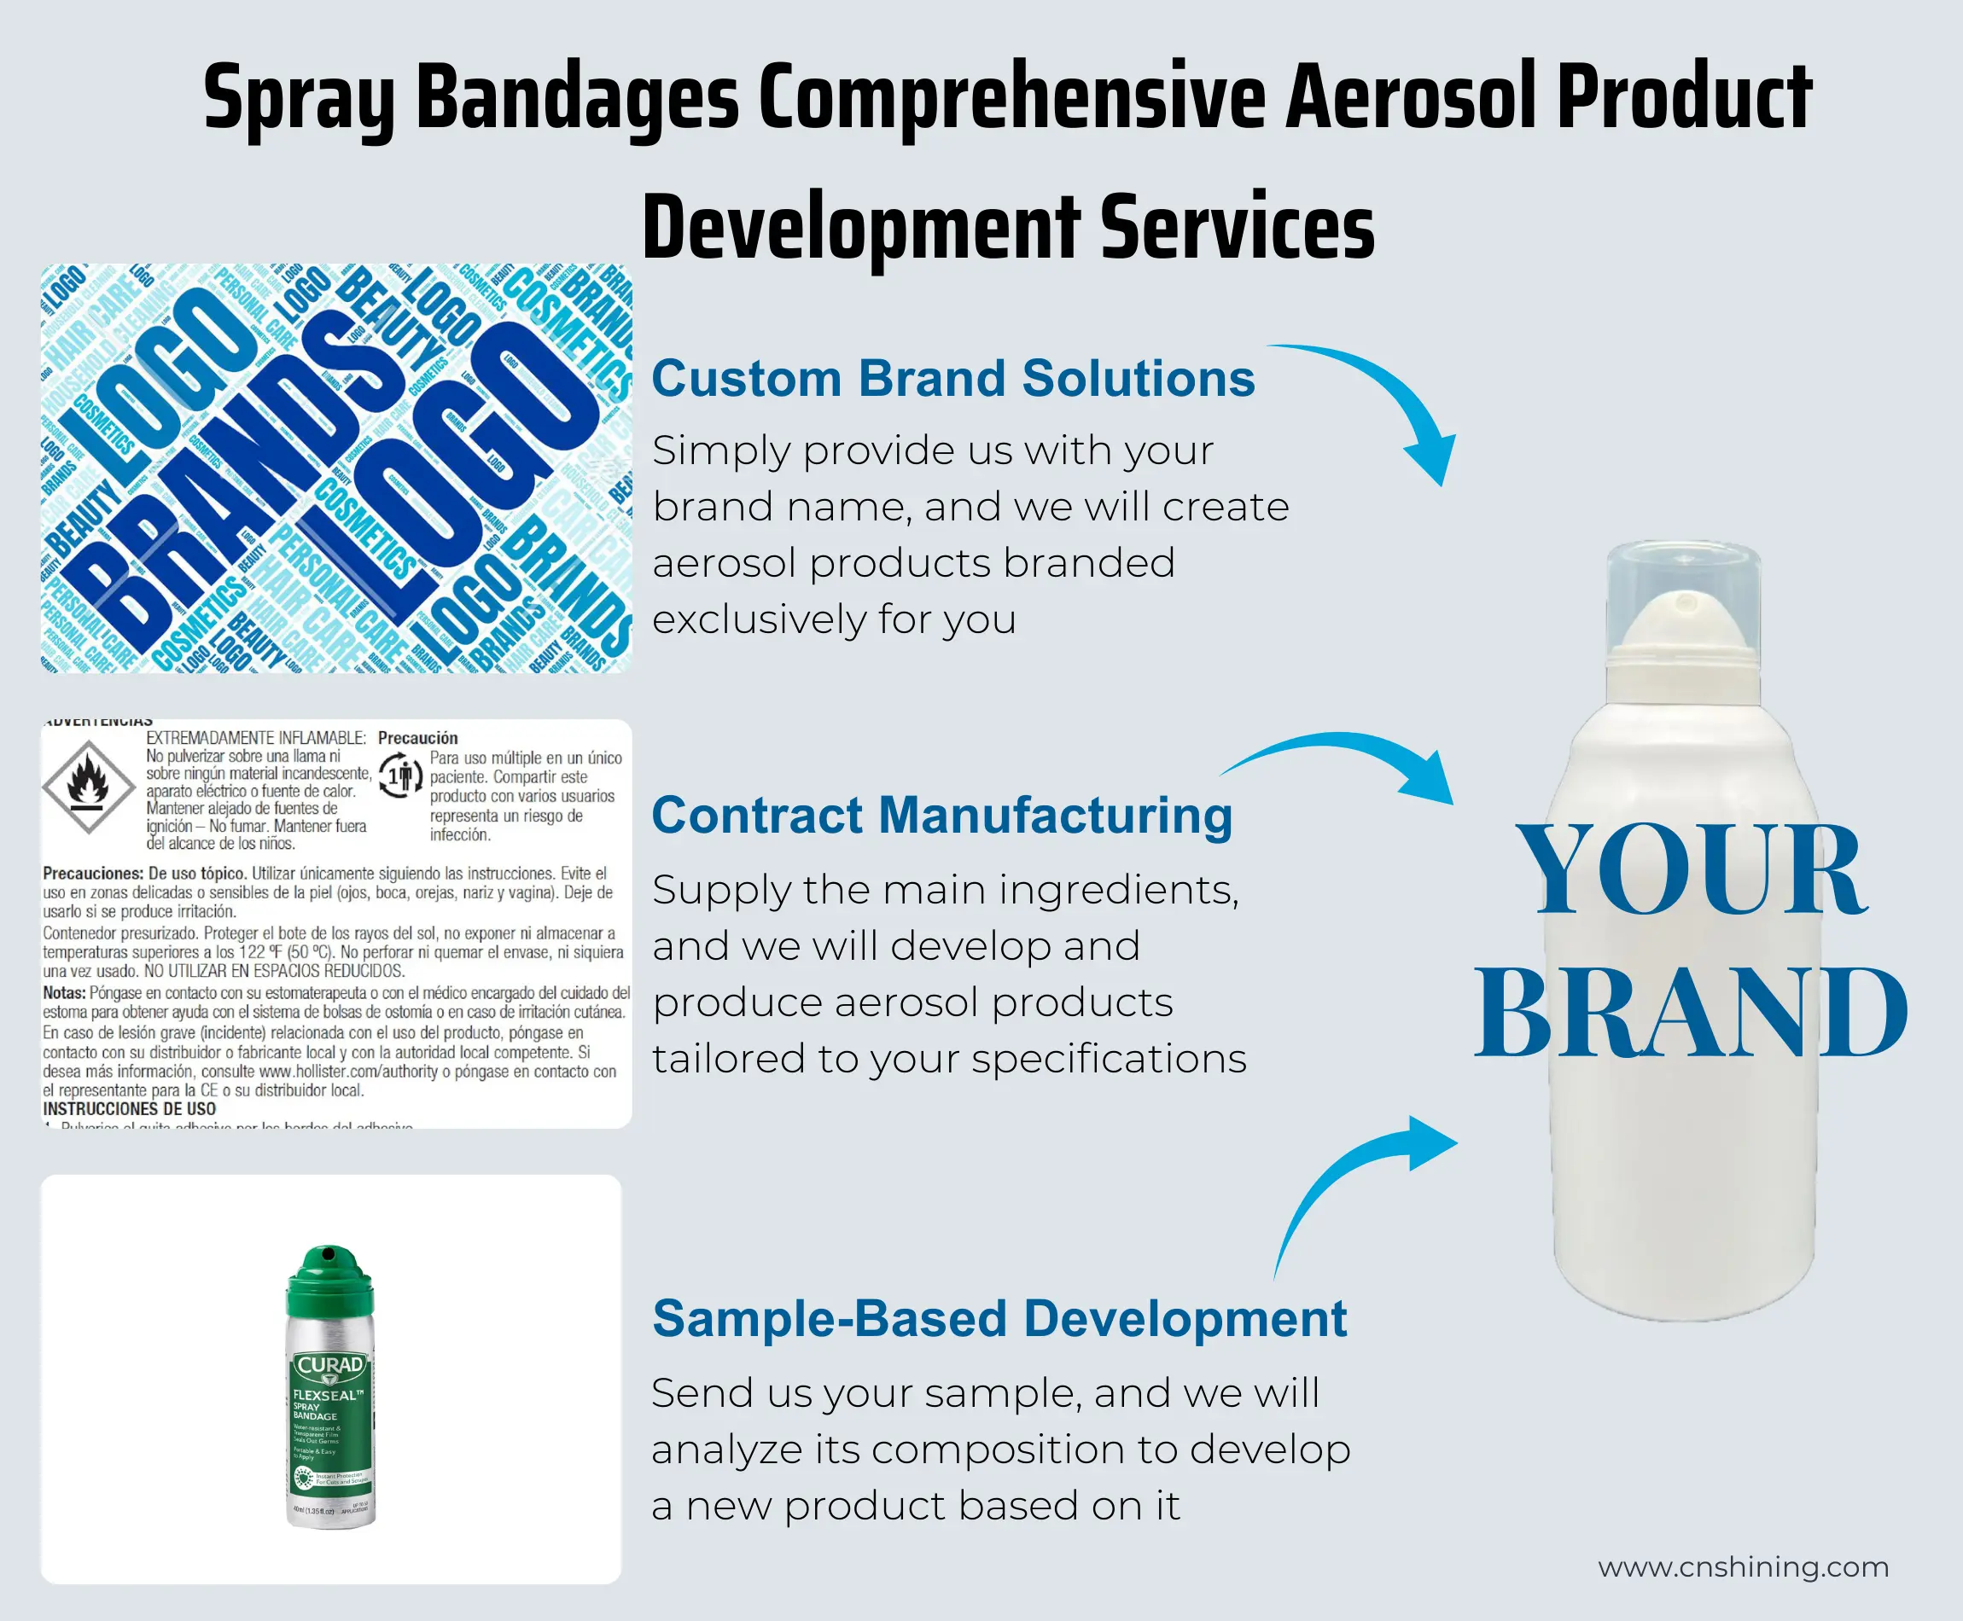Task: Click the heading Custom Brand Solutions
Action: (x=952, y=378)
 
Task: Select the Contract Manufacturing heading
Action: (x=941, y=815)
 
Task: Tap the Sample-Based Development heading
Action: (x=999, y=1318)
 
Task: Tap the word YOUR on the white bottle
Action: (x=1690, y=870)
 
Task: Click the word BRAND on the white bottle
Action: (x=1690, y=1014)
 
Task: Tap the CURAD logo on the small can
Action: (x=330, y=1365)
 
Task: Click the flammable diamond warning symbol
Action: (x=89, y=787)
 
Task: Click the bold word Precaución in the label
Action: (x=417, y=738)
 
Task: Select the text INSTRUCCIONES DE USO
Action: (x=129, y=1108)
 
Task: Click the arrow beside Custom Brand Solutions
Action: (x=1382, y=402)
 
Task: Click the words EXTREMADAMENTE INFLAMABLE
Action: (x=255, y=738)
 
